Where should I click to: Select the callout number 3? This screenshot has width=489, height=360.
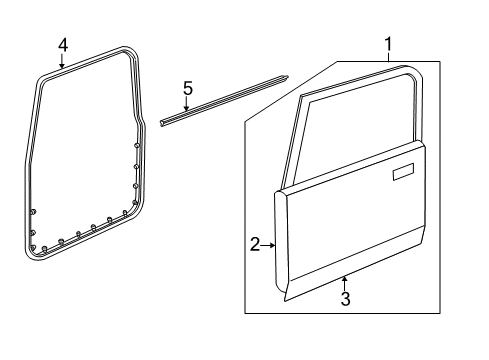click(x=344, y=299)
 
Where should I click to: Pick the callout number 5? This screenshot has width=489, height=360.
click(x=187, y=88)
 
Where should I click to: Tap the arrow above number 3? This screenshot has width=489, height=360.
click(x=344, y=281)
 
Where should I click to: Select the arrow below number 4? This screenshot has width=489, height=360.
click(x=63, y=62)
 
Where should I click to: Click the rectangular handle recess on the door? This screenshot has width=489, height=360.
click(x=405, y=176)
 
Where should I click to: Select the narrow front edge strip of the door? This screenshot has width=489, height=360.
click(x=281, y=240)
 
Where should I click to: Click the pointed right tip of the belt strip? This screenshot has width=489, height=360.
click(x=288, y=76)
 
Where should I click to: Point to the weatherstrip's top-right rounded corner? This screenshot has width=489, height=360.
click(x=134, y=53)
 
